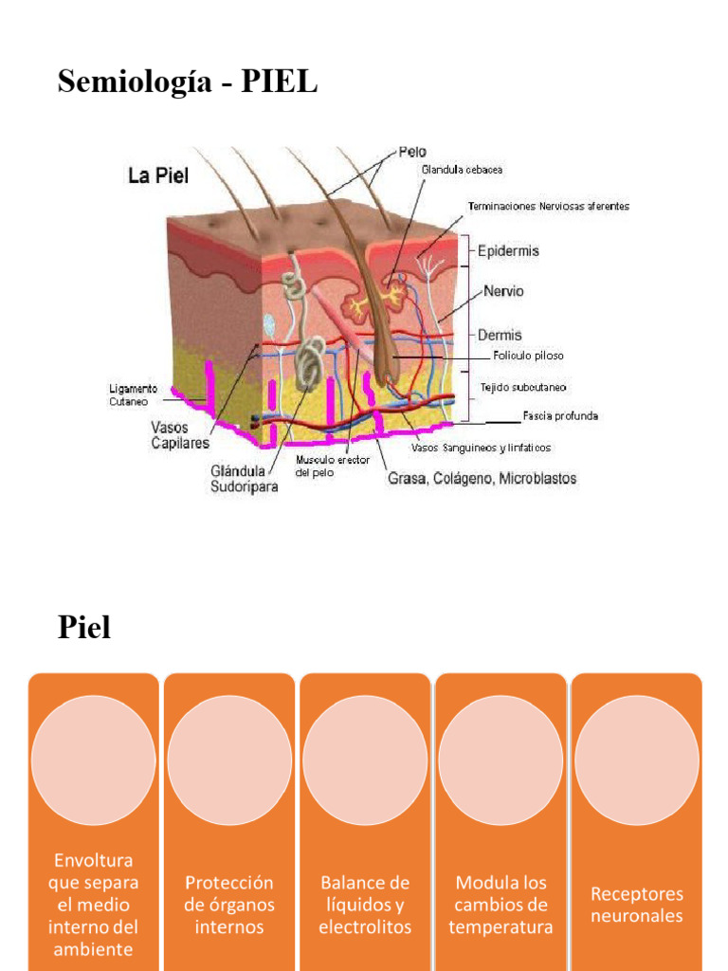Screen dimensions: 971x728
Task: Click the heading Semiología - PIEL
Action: [x=188, y=82]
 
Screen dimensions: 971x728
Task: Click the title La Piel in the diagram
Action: [x=158, y=176]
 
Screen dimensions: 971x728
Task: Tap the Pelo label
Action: [x=412, y=151]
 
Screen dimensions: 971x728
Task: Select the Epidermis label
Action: [x=508, y=251]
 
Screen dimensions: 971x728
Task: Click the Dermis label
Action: [x=500, y=335]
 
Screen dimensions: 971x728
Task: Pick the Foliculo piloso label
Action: [x=529, y=356]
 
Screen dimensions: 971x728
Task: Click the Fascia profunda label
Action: [x=560, y=415]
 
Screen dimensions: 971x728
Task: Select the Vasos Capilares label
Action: [x=180, y=435]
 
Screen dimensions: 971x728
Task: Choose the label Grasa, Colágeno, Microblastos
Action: [x=482, y=478]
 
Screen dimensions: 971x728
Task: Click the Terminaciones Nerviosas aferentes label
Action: [x=549, y=206]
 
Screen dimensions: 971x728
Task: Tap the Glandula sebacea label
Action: [x=462, y=170]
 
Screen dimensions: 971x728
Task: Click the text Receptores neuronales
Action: [x=636, y=905]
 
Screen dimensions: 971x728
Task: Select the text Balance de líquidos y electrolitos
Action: [x=365, y=905]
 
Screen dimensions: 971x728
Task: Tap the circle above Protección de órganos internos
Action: [x=229, y=760]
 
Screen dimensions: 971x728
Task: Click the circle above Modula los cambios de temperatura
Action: [x=500, y=760]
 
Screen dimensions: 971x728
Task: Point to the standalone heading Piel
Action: [x=84, y=627]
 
